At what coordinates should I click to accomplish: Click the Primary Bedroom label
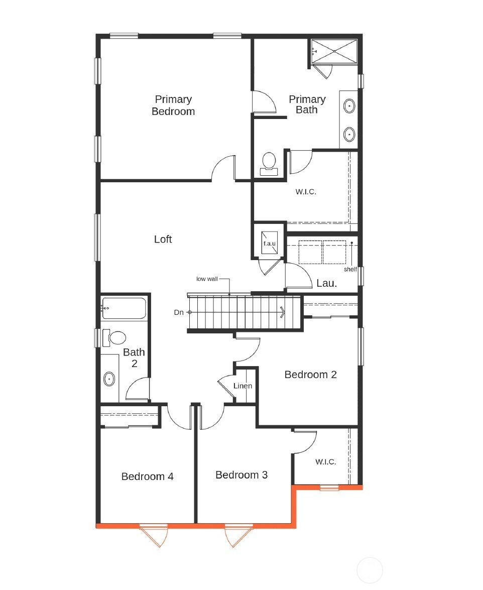pos(173,105)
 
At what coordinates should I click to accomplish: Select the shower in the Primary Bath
pos(334,51)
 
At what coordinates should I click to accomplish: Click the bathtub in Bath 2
pos(124,308)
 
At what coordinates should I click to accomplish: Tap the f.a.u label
pos(270,244)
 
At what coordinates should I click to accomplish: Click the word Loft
pos(163,240)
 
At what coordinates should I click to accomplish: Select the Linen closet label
pos(243,386)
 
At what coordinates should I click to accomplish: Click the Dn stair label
pos(179,312)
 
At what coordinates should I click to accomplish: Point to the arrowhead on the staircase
pos(283,312)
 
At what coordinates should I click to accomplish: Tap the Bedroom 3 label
pos(241,475)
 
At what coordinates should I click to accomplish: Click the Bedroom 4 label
pos(148,477)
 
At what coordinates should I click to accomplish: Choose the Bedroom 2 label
pos(310,375)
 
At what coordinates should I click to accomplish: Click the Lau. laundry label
pos(326,284)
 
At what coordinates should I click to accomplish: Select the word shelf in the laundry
pos(350,269)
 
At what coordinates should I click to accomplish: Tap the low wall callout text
pos(207,279)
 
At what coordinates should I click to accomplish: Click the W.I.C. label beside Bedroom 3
pos(325,462)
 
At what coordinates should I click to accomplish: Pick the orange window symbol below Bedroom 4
pos(153,532)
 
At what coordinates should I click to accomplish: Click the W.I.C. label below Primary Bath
pos(306,192)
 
